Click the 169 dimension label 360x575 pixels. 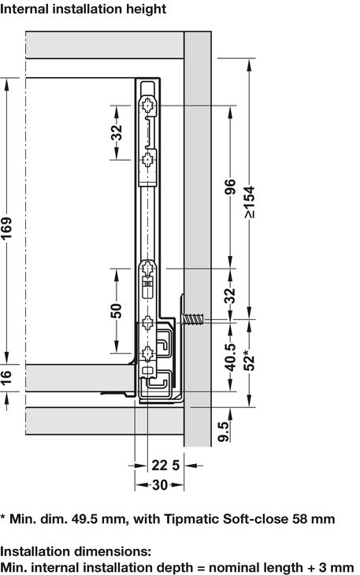click(6, 228)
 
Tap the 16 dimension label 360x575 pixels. click(6, 377)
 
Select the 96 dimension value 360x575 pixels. click(230, 187)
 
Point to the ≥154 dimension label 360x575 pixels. click(250, 202)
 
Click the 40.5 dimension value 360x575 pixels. click(230, 358)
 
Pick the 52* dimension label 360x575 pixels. click(250, 361)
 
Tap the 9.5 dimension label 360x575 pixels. click(223, 432)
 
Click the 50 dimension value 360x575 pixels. click(117, 311)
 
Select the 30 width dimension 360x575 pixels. click(160, 485)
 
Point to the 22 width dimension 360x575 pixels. click(159, 466)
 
